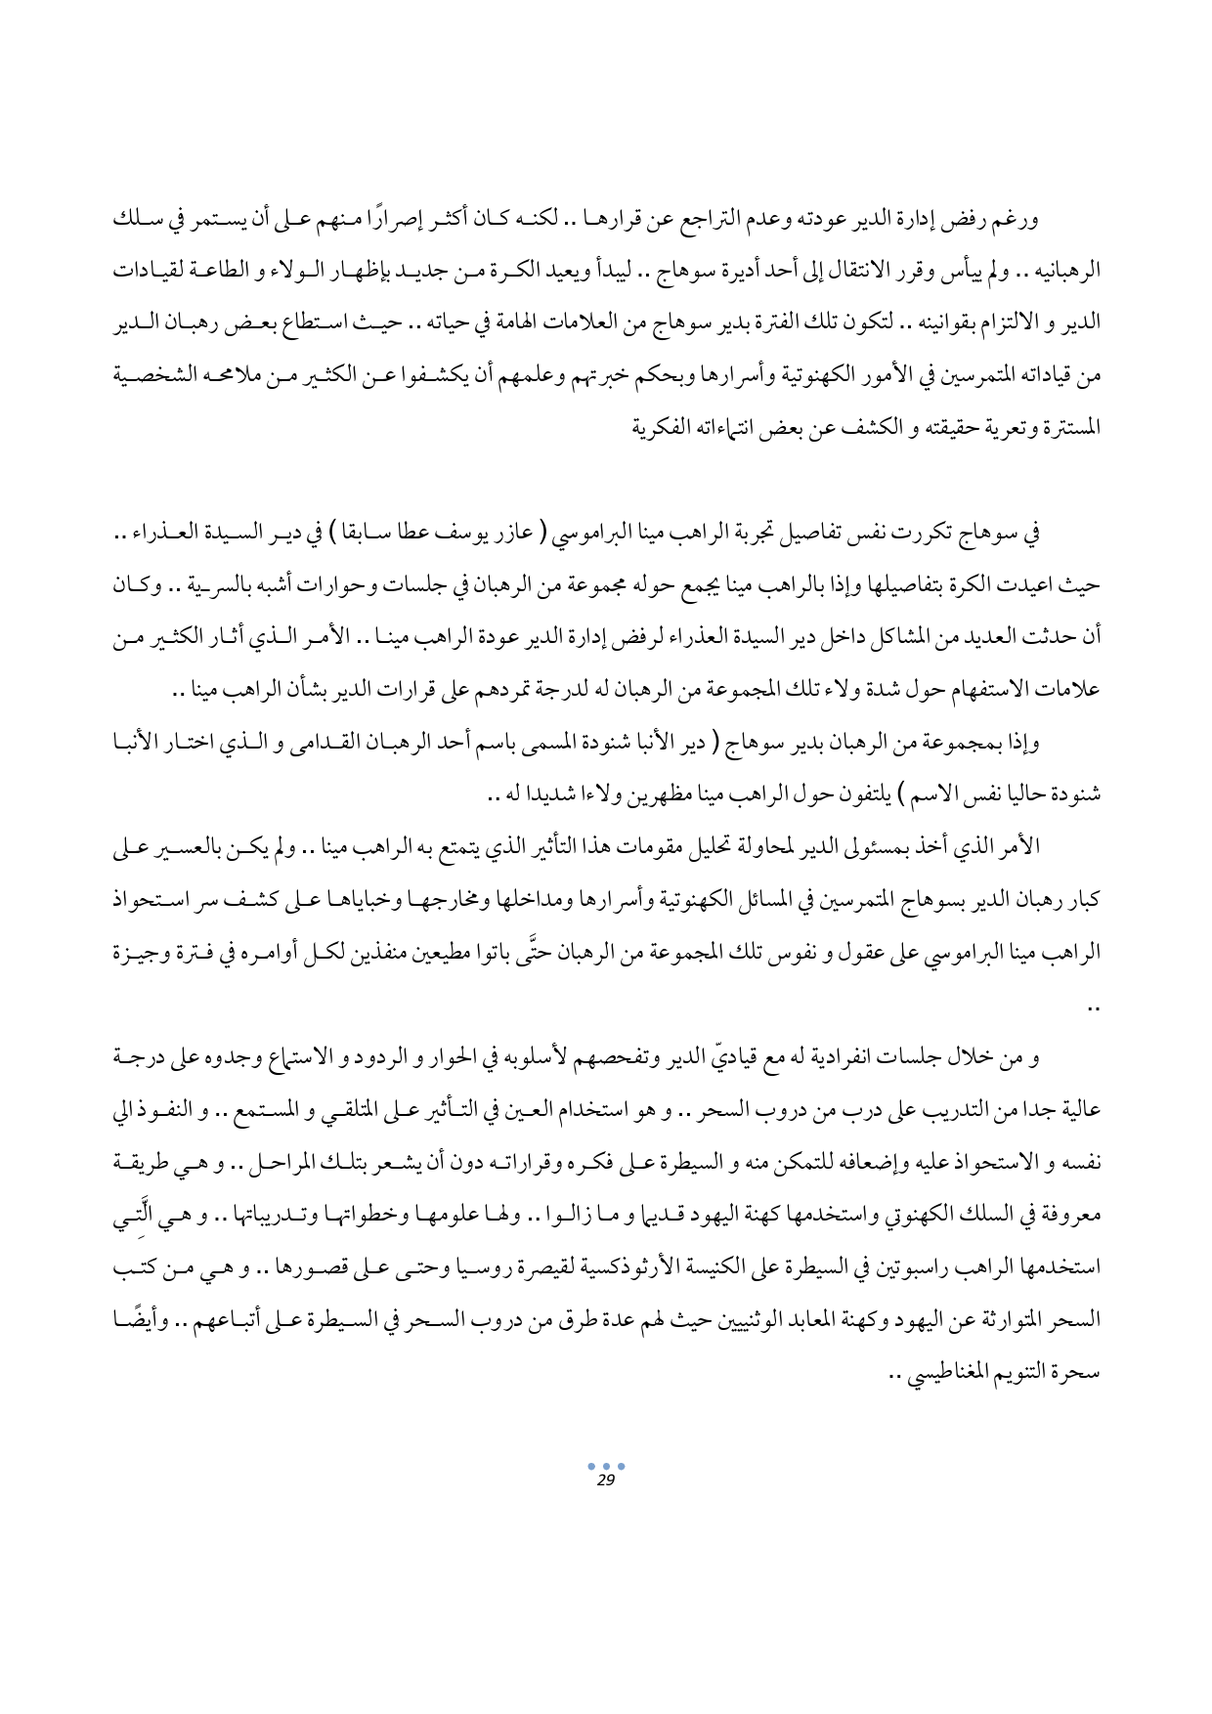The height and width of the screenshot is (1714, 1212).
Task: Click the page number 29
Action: tap(604, 1482)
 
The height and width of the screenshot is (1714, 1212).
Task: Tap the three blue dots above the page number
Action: tap(605, 1468)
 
